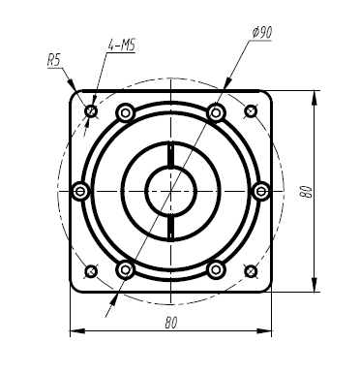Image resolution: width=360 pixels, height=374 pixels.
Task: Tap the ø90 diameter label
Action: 259,32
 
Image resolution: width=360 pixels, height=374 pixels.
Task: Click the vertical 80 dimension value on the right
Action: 307,190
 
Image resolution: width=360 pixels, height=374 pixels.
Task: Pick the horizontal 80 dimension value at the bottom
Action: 170,320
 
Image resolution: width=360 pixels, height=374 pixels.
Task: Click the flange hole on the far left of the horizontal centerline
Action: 81,192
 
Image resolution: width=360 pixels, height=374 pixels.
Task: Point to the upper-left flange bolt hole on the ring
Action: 125,114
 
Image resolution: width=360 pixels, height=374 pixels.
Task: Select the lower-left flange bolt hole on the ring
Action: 125,268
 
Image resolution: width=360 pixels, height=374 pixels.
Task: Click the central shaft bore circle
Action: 170,192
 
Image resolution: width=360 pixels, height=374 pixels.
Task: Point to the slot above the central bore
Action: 170,155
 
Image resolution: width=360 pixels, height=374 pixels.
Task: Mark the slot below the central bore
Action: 170,228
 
